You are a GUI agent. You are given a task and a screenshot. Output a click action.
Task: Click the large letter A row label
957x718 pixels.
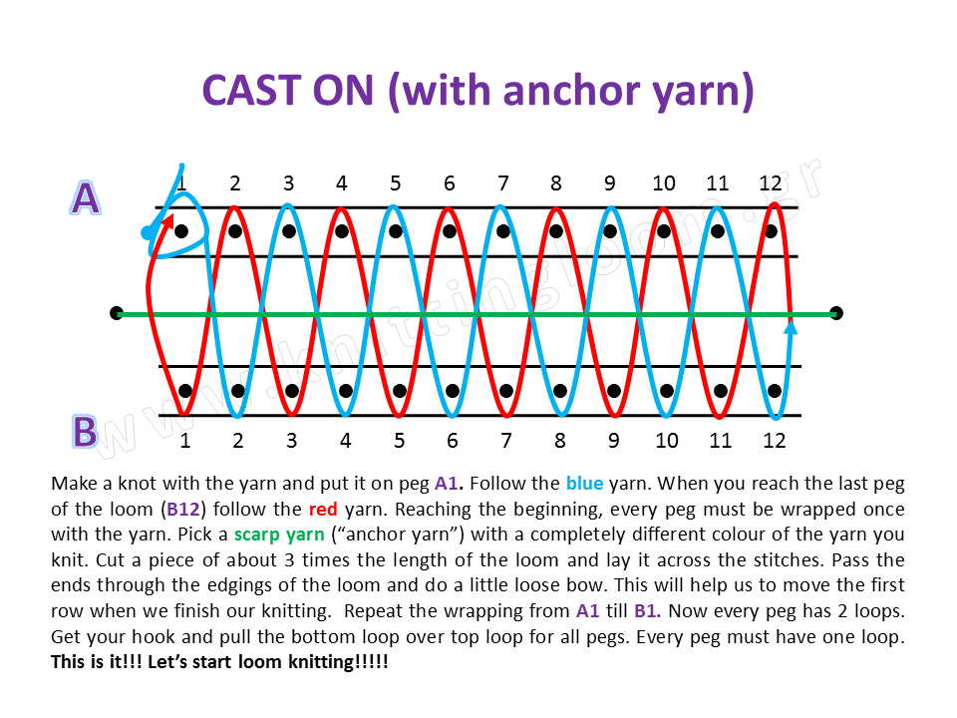(86, 198)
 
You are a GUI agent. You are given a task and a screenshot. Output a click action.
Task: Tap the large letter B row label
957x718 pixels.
(85, 432)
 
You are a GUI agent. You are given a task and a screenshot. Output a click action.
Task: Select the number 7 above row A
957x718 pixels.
(503, 183)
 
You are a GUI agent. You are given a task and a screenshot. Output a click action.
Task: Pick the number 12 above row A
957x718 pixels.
(770, 183)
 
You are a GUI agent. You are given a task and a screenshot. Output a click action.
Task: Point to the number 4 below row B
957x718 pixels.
(345, 440)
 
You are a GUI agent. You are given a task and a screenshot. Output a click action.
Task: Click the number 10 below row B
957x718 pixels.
(667, 440)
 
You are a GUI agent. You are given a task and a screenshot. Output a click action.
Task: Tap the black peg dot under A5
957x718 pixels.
(396, 231)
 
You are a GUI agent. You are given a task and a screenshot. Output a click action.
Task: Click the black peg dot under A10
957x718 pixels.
(664, 231)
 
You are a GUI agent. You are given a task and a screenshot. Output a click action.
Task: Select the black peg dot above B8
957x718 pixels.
(560, 390)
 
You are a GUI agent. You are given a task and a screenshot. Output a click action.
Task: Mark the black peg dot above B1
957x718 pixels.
(185, 390)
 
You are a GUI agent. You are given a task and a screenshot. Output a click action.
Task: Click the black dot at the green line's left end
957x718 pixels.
(116, 313)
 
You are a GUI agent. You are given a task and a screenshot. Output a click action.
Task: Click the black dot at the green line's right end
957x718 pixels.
(836, 313)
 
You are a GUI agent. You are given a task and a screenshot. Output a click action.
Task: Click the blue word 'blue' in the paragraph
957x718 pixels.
(584, 484)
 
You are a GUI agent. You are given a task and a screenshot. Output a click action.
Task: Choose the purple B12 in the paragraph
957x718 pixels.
(182, 508)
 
